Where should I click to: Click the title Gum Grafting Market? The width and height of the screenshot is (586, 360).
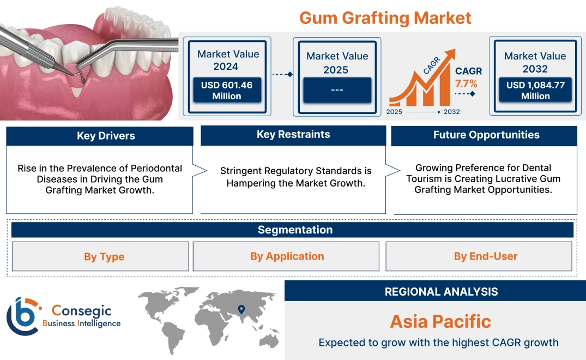pyautogui.click(x=385, y=17)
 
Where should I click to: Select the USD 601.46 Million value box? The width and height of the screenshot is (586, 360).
pyautogui.click(x=226, y=90)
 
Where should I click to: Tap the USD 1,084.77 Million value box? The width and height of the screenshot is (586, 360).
pyautogui.click(x=535, y=90)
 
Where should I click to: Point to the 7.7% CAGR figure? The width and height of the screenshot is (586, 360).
pyautogui.click(x=466, y=83)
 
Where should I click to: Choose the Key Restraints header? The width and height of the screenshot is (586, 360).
pyautogui.click(x=293, y=135)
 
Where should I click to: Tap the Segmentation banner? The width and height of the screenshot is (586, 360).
pyautogui.click(x=295, y=230)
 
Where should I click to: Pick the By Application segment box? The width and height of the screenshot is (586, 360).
pyautogui.click(x=287, y=256)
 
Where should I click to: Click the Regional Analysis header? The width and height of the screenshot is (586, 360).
pyautogui.click(x=441, y=292)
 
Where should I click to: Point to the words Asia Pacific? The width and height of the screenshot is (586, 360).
pyautogui.click(x=440, y=321)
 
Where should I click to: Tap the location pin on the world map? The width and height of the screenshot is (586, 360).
pyautogui.click(x=241, y=310)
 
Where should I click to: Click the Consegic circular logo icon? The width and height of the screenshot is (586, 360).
pyautogui.click(x=22, y=316)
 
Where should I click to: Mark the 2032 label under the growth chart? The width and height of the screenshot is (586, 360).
pyautogui.click(x=451, y=112)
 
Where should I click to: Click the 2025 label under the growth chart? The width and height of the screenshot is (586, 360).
pyautogui.click(x=395, y=112)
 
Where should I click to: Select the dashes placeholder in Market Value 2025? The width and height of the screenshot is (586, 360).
pyautogui.click(x=337, y=89)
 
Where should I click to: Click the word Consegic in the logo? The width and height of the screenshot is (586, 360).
pyautogui.click(x=81, y=311)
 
